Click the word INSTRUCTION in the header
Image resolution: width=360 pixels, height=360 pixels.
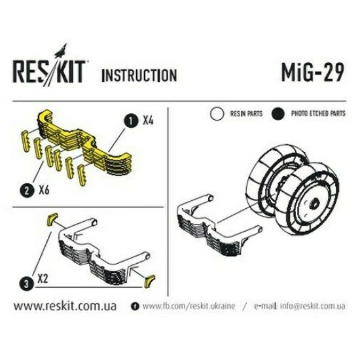click(138, 75)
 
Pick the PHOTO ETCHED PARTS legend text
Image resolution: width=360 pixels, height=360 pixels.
click(319, 113)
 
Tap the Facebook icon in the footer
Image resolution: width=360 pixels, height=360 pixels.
click(135, 306)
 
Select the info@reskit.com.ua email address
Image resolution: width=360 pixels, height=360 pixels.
click(309, 306)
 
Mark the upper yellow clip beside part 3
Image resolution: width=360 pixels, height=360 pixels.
click(50, 219)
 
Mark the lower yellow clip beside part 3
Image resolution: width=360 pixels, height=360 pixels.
click(148, 281)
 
